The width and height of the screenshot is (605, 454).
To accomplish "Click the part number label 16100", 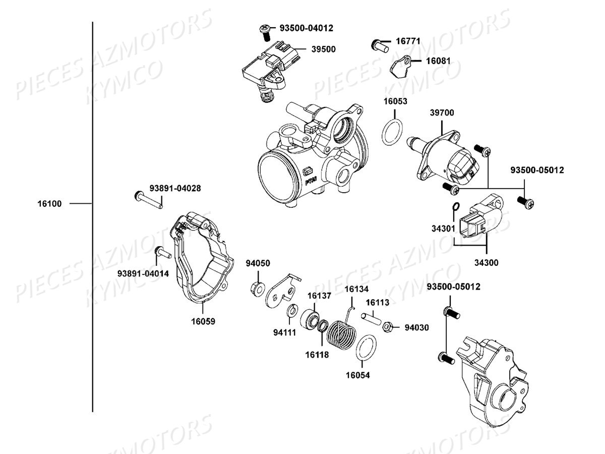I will click(x=49, y=204).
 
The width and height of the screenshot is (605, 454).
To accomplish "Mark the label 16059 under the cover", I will click(x=203, y=321).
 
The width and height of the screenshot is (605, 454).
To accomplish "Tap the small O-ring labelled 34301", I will click(x=455, y=206).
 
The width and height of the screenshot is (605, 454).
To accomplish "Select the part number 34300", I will click(x=487, y=263).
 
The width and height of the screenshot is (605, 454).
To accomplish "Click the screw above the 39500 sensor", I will click(x=264, y=29).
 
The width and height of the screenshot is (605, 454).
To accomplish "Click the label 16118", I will click(x=317, y=355).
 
